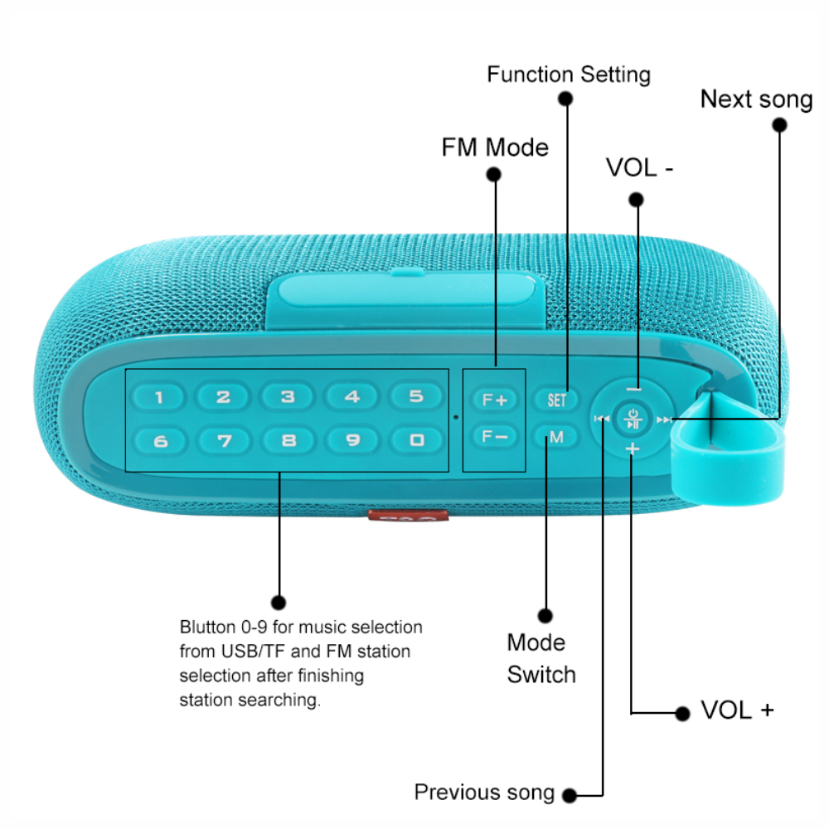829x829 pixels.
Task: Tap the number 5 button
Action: coord(416,396)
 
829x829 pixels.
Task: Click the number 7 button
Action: coord(224,440)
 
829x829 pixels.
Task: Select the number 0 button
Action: coord(416,440)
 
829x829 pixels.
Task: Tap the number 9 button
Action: coord(352,440)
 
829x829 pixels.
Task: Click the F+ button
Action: coord(494,400)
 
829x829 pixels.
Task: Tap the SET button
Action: coord(556,400)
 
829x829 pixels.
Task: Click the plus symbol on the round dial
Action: coord(633,449)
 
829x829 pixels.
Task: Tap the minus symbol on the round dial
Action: coord(633,388)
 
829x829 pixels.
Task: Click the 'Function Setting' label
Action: coord(569,75)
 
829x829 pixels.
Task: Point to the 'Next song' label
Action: coord(756,99)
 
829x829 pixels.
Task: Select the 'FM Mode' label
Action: coord(495,148)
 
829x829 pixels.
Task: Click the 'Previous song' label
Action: coord(484,792)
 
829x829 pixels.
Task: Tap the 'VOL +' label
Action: coord(737,710)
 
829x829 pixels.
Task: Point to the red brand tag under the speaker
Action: coord(409,516)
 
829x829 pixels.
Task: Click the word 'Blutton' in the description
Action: coord(206,627)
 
